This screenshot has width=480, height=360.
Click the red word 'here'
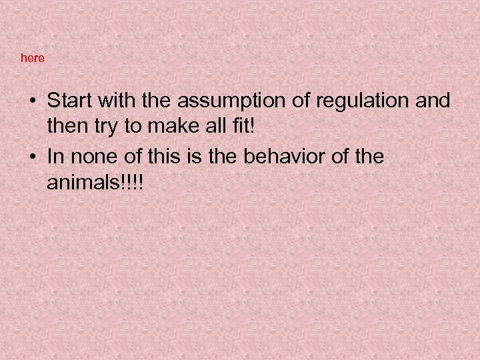point(33,58)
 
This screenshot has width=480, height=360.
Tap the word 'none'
point(91,157)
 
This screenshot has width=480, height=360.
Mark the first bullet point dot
point(33,102)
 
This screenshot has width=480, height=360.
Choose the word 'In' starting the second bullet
point(55,157)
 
